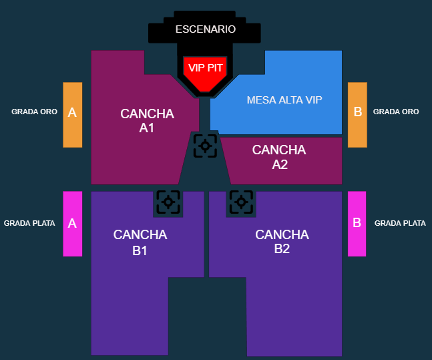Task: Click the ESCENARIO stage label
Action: click(x=206, y=29)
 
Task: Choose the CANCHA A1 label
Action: click(x=147, y=121)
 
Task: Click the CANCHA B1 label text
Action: click(x=140, y=242)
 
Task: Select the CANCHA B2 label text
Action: click(x=282, y=242)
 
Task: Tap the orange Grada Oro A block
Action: click(x=73, y=115)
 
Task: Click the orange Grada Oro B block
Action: click(x=357, y=115)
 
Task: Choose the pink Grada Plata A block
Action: click(x=73, y=224)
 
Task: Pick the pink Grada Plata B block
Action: click(x=357, y=224)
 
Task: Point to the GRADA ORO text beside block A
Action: click(x=35, y=112)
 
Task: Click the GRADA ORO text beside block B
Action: click(x=396, y=112)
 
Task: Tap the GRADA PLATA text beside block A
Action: click(x=29, y=223)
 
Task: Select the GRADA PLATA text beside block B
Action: click(x=400, y=223)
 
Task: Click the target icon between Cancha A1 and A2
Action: click(x=205, y=146)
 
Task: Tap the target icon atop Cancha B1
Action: click(x=168, y=202)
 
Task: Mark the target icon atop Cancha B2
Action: click(x=241, y=202)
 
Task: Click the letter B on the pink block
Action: click(x=357, y=222)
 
